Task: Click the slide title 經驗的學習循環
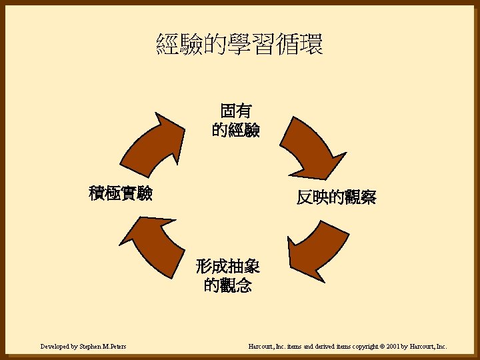(240, 45)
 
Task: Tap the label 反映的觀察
(337, 197)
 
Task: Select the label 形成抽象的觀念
(228, 277)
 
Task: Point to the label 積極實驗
(121, 193)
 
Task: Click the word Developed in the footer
(55, 347)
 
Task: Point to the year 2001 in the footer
(389, 347)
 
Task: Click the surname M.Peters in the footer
(114, 347)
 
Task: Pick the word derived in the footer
(316, 347)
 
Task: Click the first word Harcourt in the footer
(261, 347)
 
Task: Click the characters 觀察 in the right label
(361, 197)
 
